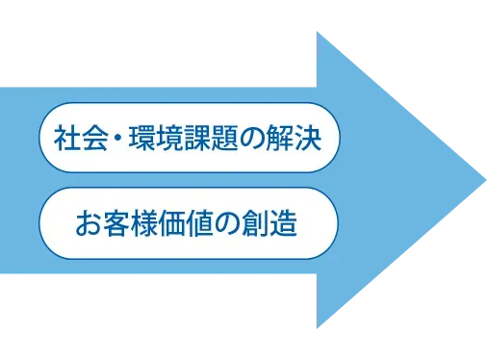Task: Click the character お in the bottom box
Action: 89,225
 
